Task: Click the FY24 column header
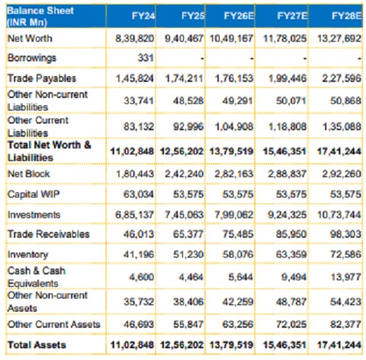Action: coord(143,16)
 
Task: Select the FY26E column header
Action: coord(239,16)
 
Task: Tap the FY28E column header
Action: coord(346,16)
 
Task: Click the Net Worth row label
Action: coord(30,38)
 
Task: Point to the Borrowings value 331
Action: coord(146,58)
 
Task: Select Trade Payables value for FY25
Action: coord(184,78)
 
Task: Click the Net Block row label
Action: coord(29,173)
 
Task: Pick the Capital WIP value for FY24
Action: coord(138,194)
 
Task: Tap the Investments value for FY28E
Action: coord(339,214)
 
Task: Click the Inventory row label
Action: coord(28,255)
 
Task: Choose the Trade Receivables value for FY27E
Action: coord(291,234)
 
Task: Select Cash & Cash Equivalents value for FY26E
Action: coord(240,277)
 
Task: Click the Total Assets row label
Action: coord(37,345)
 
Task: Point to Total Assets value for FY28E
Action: coord(339,345)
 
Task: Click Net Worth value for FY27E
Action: coord(285,38)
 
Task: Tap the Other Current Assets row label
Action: coord(54,324)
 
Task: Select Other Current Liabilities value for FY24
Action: coord(138,127)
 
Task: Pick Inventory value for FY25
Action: coord(188,255)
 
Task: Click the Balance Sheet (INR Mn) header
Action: coord(40,16)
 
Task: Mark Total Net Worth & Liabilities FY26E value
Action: coord(231,151)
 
